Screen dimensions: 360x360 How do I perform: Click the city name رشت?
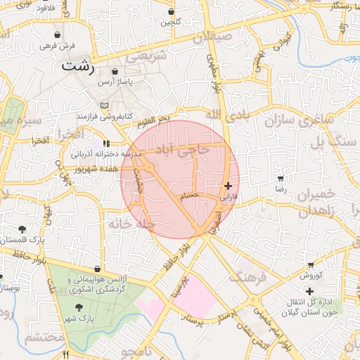[77, 67]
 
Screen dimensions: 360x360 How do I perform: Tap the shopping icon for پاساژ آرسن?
[117, 72]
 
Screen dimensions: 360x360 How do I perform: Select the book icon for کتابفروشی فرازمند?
[105, 106]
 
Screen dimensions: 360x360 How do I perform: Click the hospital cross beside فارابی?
[227, 186]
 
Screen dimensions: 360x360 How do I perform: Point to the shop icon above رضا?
[281, 179]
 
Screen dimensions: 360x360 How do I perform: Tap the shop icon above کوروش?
[310, 264]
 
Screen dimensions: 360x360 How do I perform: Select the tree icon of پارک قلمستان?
[23, 229]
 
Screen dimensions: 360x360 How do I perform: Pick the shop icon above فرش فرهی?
[56, 34]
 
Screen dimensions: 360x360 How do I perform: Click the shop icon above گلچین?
[172, 12]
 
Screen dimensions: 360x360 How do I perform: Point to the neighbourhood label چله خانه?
[130, 224]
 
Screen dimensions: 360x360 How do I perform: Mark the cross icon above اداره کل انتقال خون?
[309, 291]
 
